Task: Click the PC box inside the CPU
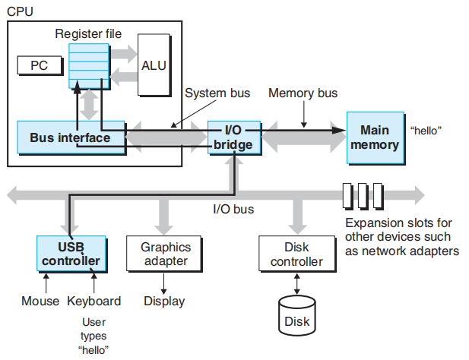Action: point(38,65)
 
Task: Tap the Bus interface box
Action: point(70,137)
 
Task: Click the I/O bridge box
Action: point(233,137)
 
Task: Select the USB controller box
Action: point(71,254)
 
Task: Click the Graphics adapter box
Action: point(166,254)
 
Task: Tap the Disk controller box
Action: point(296,254)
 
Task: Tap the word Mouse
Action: point(40,301)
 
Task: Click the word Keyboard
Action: point(94,301)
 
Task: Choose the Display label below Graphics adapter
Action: point(164,301)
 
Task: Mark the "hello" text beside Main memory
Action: point(426,130)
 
